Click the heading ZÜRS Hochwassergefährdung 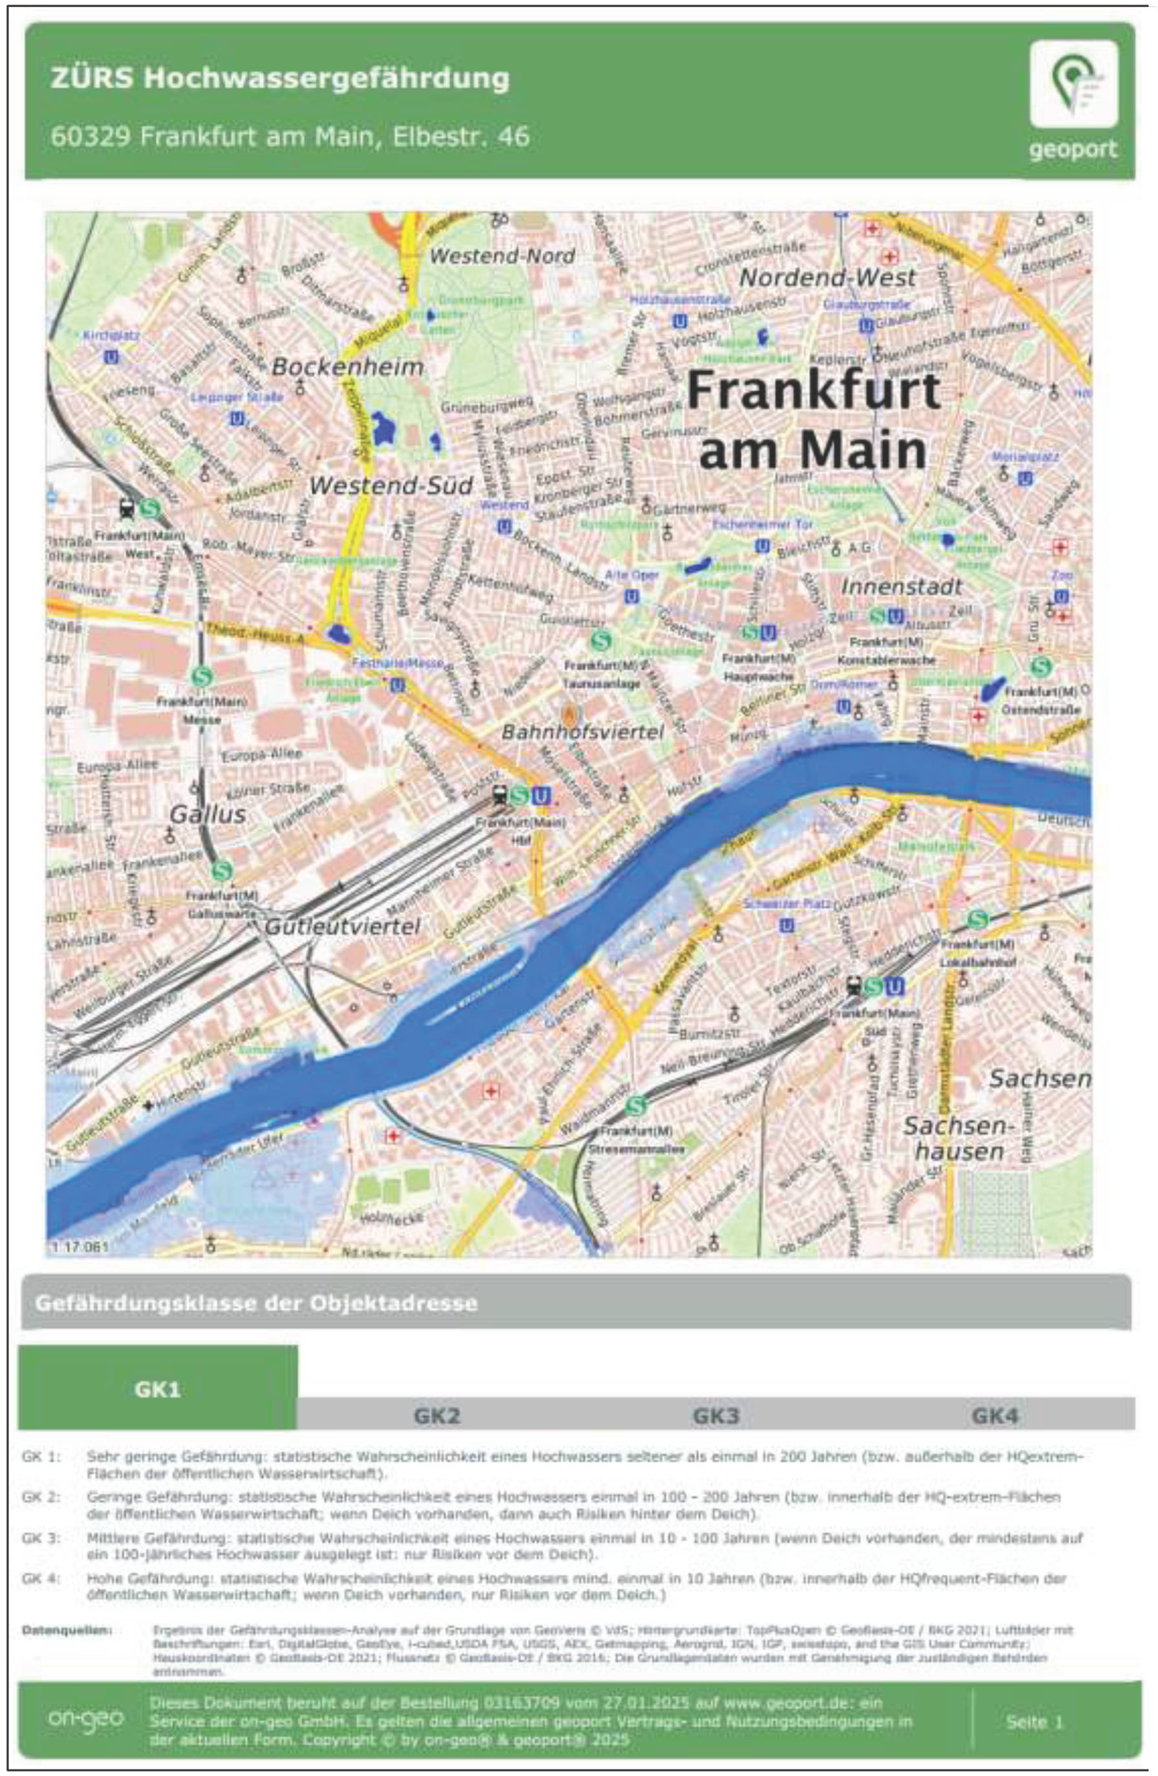(x=280, y=78)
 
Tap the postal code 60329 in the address (x=90, y=136)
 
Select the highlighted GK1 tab (x=158, y=1390)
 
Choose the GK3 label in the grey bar (x=715, y=1416)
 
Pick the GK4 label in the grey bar (x=994, y=1416)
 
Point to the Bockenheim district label (x=347, y=367)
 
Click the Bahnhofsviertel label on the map (x=582, y=732)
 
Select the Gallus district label (x=207, y=814)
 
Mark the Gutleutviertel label (x=343, y=928)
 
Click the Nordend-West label (x=826, y=278)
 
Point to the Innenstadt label (x=901, y=587)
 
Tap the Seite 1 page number (x=1033, y=1722)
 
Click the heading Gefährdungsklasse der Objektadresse (x=255, y=1303)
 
